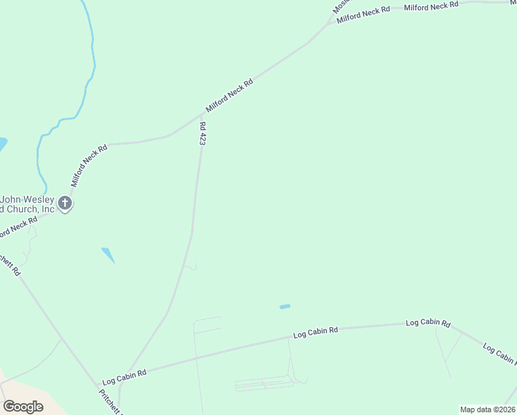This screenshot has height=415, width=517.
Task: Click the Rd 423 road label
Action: pyautogui.click(x=203, y=133)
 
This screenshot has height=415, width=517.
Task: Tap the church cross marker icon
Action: pyautogui.click(x=65, y=203)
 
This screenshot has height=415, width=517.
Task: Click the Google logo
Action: pyautogui.click(x=23, y=407)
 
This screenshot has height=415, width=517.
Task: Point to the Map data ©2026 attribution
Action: pyautogui.click(x=487, y=409)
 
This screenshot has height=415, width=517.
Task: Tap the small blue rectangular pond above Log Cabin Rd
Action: pyautogui.click(x=285, y=306)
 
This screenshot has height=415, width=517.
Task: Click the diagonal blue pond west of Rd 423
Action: pyautogui.click(x=108, y=255)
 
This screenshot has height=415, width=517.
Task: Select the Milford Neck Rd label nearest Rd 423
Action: pyautogui.click(x=229, y=96)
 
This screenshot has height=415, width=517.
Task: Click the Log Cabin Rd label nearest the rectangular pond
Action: pyautogui.click(x=315, y=333)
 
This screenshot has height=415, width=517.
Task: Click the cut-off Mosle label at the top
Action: pyautogui.click(x=339, y=6)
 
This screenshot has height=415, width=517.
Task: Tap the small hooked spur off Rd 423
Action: pyautogui.click(x=193, y=267)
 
